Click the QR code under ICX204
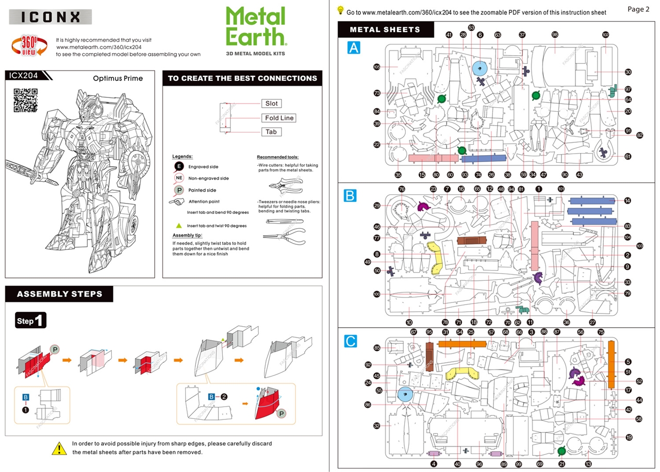(25, 100)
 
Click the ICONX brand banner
(51, 17)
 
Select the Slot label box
(271, 104)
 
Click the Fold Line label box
(278, 118)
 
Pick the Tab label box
(271, 132)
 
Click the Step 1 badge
(31, 321)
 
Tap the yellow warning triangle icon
(59, 448)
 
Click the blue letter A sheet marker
(354, 48)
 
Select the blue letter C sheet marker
(351, 341)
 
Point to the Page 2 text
(638, 9)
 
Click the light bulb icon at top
(340, 10)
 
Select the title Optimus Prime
(118, 79)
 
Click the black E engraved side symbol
(179, 166)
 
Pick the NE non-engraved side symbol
(179, 178)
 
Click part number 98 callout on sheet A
(555, 35)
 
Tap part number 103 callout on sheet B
(640, 246)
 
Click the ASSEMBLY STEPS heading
(59, 294)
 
